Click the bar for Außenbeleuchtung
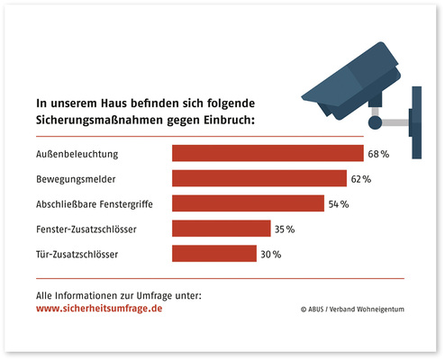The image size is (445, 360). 268,154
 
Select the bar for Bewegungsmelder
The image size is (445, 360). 259,179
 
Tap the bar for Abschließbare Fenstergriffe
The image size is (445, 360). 248,204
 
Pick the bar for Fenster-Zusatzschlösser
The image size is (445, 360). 221,229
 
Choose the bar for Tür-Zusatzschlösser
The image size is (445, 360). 213,255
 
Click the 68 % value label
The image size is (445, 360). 378,155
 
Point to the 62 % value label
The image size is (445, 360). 361,180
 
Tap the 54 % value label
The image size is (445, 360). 339,205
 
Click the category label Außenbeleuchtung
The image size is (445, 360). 76,155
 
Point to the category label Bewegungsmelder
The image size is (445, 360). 74,180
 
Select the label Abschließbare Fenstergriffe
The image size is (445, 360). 94,205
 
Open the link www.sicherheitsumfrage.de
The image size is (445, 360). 99,308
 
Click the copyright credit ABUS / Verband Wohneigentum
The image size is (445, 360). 356,309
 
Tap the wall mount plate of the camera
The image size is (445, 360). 415,122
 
